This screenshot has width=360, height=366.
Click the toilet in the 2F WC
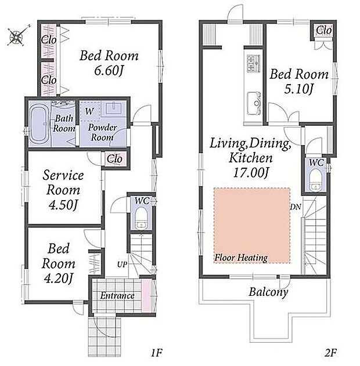coord(315,180)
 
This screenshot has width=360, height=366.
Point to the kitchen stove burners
coord(253,63)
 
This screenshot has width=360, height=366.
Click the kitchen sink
coord(254,104)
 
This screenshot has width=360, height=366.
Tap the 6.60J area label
coord(109,70)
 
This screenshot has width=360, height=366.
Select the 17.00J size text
coord(251,172)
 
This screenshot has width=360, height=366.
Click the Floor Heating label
coord(241,258)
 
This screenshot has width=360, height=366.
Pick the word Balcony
coord(268,292)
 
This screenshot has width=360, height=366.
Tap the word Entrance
coord(117,296)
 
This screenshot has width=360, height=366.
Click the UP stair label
coord(122,264)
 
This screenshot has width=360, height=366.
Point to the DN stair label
coord(296,207)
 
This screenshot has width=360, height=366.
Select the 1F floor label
coord(156,353)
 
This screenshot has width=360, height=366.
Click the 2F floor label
coord(330,353)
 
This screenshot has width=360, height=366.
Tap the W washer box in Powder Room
coord(90,111)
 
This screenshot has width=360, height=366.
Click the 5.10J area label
coord(298,89)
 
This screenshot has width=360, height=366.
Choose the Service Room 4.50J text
coord(63,190)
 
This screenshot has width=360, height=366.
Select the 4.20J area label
coord(59,278)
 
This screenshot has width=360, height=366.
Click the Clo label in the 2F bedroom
coord(324,30)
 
